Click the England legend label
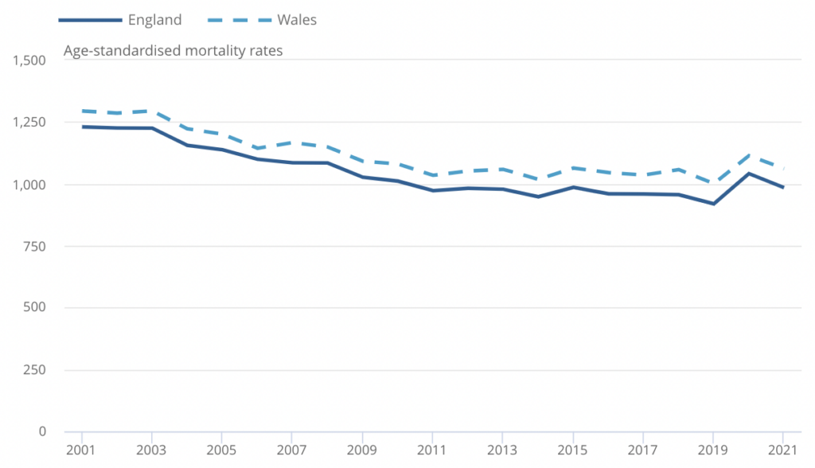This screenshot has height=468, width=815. click(x=154, y=20)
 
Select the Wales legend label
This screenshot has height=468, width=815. click(x=297, y=20)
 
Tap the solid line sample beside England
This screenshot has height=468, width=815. click(x=90, y=20)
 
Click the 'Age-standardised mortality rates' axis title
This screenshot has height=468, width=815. click(x=174, y=51)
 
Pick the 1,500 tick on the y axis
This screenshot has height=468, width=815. click(x=26, y=60)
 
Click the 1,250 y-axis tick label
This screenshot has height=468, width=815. click(x=26, y=123)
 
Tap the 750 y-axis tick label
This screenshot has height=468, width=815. click(x=33, y=247)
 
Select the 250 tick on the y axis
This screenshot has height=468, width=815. click(x=33, y=370)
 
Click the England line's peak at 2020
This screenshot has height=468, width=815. click(x=748, y=174)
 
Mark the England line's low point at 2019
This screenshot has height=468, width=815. click(x=713, y=204)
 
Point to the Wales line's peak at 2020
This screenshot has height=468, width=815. click(x=748, y=155)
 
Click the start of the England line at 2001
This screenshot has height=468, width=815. click(x=82, y=127)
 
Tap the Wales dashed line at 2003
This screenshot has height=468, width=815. click(x=152, y=111)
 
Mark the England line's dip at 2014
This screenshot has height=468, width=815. click(x=537, y=197)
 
